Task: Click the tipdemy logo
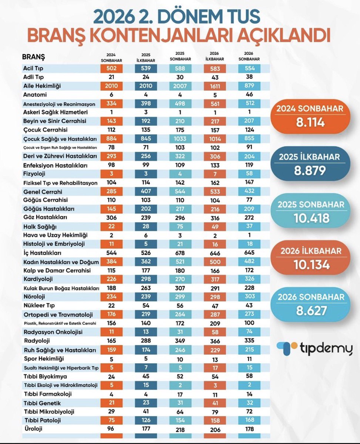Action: [x=314, y=348]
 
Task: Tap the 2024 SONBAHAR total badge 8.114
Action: [x=310, y=117]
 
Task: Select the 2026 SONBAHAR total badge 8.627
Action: [x=310, y=305]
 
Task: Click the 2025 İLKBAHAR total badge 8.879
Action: [x=310, y=164]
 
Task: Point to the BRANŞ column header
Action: [x=34, y=57]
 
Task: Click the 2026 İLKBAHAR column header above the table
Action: [x=215, y=56]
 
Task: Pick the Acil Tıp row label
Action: [x=33, y=68]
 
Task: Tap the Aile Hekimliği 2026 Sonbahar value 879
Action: [x=249, y=86]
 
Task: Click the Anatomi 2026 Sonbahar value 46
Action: [x=249, y=94]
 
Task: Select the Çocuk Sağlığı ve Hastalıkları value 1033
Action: [x=180, y=139]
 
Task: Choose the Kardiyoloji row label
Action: [x=38, y=279]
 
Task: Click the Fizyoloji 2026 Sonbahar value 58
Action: [x=249, y=174]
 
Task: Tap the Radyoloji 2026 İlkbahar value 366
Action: [x=215, y=341]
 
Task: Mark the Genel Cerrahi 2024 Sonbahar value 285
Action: [x=111, y=191]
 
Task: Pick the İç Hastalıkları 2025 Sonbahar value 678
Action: [x=180, y=253]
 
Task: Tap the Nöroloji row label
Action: [x=34, y=297]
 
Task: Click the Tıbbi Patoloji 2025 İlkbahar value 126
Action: [x=146, y=420]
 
